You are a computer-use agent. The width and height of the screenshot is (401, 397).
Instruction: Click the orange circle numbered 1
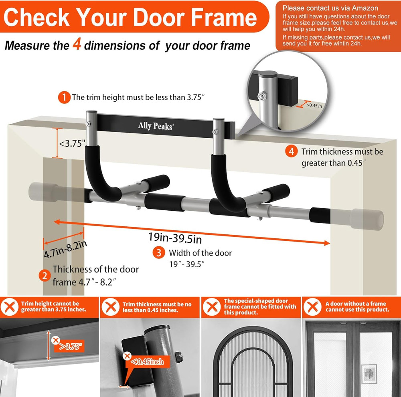click(64, 97)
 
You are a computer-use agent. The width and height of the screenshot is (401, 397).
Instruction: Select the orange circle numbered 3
click(159, 253)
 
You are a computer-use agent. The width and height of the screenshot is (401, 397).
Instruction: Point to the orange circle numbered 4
click(292, 152)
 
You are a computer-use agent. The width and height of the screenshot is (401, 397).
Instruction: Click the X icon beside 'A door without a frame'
click(312, 307)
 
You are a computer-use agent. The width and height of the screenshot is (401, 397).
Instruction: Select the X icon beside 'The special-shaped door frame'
click(211, 307)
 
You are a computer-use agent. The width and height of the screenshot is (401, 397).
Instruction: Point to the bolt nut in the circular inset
click(261, 97)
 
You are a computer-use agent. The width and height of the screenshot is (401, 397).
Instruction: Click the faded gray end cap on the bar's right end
click(367, 218)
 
